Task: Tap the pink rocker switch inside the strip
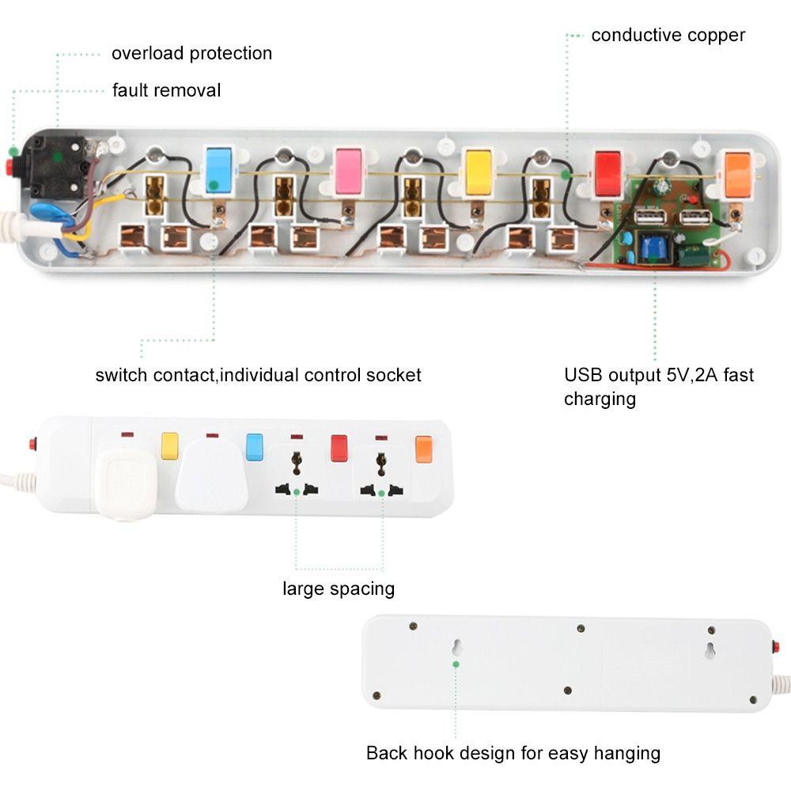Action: pyautogui.click(x=348, y=172)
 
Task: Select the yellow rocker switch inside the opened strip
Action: pyautogui.click(x=478, y=172)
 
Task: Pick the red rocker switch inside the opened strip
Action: pyautogui.click(x=607, y=173)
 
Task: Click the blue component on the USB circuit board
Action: pyautogui.click(x=654, y=247)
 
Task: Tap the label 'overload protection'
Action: pyautogui.click(x=191, y=53)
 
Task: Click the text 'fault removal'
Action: pyautogui.click(x=166, y=90)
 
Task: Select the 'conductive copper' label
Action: pyautogui.click(x=668, y=35)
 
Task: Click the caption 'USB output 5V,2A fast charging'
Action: pyautogui.click(x=658, y=386)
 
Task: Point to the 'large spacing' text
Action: pyautogui.click(x=339, y=589)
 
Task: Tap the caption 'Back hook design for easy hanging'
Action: pyautogui.click(x=513, y=752)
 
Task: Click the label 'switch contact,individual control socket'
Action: pyautogui.click(x=258, y=374)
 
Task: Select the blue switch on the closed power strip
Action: pyautogui.click(x=254, y=446)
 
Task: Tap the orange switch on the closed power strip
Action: pyautogui.click(x=424, y=448)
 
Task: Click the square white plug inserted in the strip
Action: pyautogui.click(x=123, y=484)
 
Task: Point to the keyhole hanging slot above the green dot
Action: pyautogui.click(x=457, y=647)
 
